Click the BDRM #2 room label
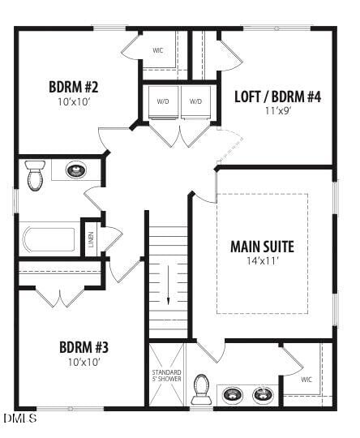click(x=73, y=86)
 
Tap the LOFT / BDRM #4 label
click(x=278, y=97)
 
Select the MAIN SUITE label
click(x=262, y=247)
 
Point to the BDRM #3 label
click(x=84, y=347)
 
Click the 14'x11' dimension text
click(x=262, y=261)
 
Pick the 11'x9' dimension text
click(x=277, y=111)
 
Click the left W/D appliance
click(x=163, y=102)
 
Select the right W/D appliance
click(x=195, y=102)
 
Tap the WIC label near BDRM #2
click(x=158, y=50)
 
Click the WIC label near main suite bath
click(x=306, y=379)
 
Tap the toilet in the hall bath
click(x=34, y=175)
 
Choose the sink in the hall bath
click(x=75, y=170)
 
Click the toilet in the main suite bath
click(x=200, y=392)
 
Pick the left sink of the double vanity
click(x=233, y=395)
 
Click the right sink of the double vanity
click(x=262, y=395)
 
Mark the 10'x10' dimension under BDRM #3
click(x=84, y=362)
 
